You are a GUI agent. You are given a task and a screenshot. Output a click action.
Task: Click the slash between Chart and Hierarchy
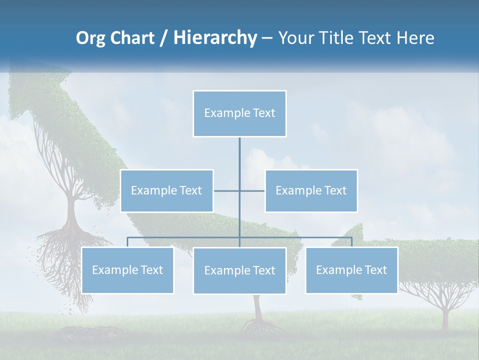[x=164, y=38]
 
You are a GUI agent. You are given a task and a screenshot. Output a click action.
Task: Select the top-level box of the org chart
[x=239, y=113]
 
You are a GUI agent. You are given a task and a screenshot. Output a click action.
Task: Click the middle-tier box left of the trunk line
[x=167, y=190]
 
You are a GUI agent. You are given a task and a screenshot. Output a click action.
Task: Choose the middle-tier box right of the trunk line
[x=311, y=190]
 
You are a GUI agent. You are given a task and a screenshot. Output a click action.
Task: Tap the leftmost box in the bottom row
[x=127, y=270]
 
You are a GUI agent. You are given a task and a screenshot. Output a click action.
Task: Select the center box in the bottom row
[x=239, y=270]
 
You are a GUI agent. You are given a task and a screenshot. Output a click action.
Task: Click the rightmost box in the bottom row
[x=351, y=270]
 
